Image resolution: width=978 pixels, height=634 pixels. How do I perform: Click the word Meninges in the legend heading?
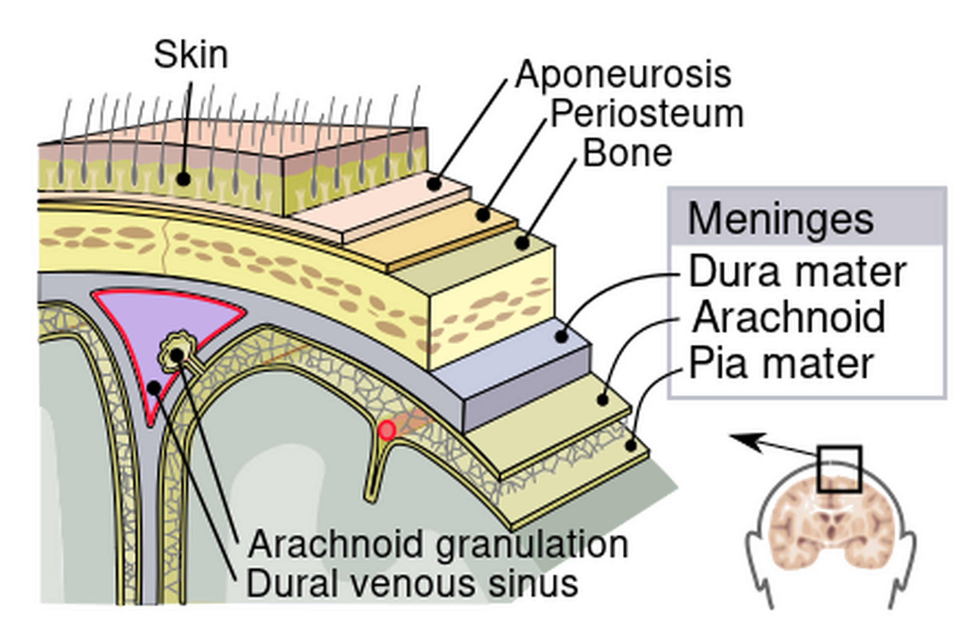tap(780, 219)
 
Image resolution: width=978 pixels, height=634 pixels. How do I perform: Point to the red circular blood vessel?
tap(386, 430)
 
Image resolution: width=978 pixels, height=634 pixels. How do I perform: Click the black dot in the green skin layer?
tap(183, 179)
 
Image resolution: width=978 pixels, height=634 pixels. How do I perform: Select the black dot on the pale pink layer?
tap(433, 184)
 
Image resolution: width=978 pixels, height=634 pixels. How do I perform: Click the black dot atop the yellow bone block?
tap(522, 243)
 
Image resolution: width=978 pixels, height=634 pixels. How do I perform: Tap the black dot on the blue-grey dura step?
tap(561, 336)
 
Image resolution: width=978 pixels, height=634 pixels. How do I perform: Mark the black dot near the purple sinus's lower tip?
tap(154, 387)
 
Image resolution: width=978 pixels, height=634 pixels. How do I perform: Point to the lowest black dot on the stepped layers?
tap(631, 445)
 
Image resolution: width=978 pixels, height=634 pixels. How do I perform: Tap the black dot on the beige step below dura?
tap(602, 399)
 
